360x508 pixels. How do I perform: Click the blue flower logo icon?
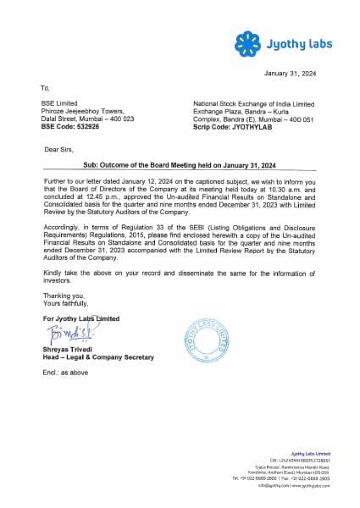tap(246, 40)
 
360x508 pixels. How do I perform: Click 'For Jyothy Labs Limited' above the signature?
tap(81, 317)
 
